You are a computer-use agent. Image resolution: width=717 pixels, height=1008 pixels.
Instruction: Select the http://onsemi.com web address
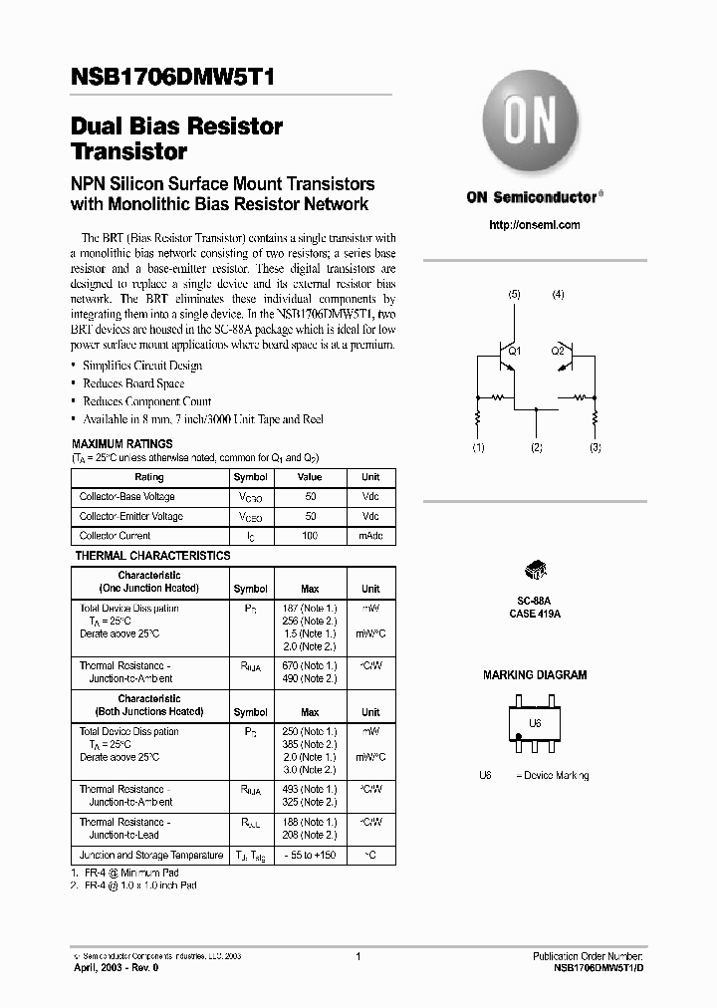[x=535, y=225]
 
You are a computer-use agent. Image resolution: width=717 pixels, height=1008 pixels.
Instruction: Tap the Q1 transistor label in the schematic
[x=514, y=351]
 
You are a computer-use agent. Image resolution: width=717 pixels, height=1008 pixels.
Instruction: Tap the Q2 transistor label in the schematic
[x=558, y=351]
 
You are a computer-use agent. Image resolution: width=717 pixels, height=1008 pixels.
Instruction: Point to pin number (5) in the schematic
[x=514, y=295]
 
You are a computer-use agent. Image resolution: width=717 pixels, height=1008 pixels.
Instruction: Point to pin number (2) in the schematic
[x=537, y=448]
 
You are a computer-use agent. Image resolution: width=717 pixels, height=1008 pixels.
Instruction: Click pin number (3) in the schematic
[x=596, y=448]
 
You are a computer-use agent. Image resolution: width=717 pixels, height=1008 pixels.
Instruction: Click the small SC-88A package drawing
[x=536, y=571]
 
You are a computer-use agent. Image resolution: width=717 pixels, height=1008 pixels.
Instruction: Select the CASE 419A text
[x=536, y=615]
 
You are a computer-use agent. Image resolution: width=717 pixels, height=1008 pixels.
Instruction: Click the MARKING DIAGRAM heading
[x=535, y=675]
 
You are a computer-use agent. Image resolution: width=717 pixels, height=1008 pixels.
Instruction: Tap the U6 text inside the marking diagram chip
[x=535, y=724]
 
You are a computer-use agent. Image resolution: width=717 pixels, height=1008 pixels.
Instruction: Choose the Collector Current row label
[x=116, y=536]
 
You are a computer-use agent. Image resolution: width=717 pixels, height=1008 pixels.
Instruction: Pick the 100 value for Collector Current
[x=310, y=536]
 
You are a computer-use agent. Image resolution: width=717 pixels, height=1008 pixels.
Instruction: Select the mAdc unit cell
[x=370, y=536]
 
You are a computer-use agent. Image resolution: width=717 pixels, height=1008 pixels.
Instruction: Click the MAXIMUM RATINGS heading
[x=122, y=443]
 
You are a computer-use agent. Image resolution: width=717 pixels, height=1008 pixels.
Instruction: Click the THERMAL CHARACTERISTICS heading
[x=153, y=556]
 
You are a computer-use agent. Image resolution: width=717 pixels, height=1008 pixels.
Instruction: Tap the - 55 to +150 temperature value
[x=310, y=856]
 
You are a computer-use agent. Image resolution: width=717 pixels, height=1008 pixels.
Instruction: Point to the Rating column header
[x=148, y=477]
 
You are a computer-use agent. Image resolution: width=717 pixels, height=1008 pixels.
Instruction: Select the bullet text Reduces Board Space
[x=132, y=383]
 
